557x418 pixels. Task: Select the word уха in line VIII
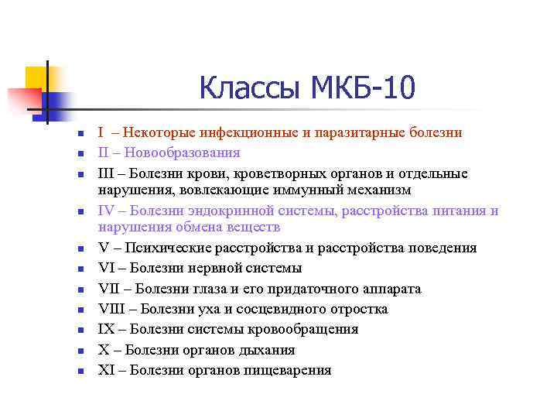[195, 309]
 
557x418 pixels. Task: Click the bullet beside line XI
[80, 371]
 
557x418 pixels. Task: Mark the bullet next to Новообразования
[80, 153]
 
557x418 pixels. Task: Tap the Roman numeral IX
[106, 329]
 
